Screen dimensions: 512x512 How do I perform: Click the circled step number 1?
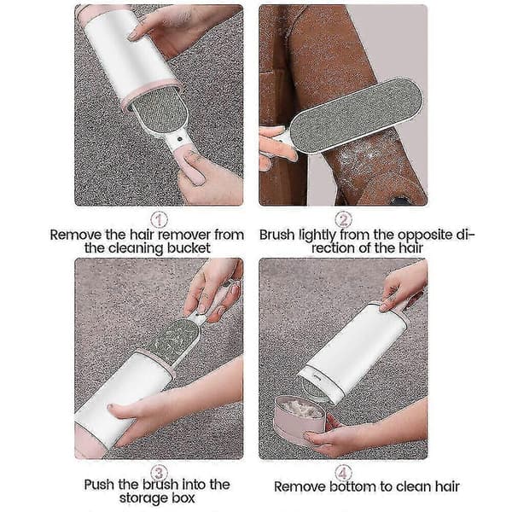click(x=159, y=219)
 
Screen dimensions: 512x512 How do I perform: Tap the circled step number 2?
click(x=343, y=219)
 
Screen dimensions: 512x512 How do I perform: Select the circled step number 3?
click(x=159, y=473)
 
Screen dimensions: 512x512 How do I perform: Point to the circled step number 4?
click(x=343, y=473)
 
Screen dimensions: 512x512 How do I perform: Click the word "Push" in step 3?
click(x=99, y=485)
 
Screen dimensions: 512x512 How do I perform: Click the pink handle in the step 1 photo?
click(x=188, y=166)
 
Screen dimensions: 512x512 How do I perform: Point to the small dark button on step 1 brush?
click(x=178, y=139)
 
